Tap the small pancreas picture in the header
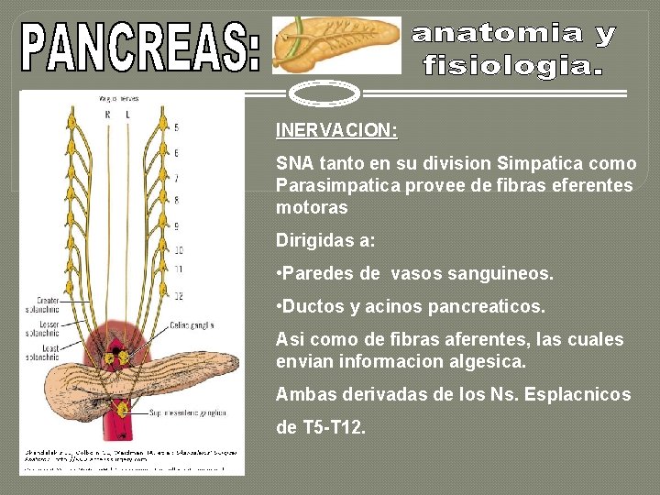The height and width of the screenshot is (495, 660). point(337,44)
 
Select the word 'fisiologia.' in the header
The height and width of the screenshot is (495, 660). point(512,66)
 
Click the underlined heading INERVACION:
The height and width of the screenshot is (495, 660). point(336,131)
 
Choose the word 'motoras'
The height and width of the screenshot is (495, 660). point(312,207)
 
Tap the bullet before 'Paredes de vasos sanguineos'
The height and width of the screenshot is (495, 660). point(280,273)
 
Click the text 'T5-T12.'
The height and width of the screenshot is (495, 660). point(335,427)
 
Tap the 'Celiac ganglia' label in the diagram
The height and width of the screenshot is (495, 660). point(193,325)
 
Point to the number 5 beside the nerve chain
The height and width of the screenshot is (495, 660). point(176,127)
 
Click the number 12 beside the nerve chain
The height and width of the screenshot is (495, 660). point(178,294)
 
